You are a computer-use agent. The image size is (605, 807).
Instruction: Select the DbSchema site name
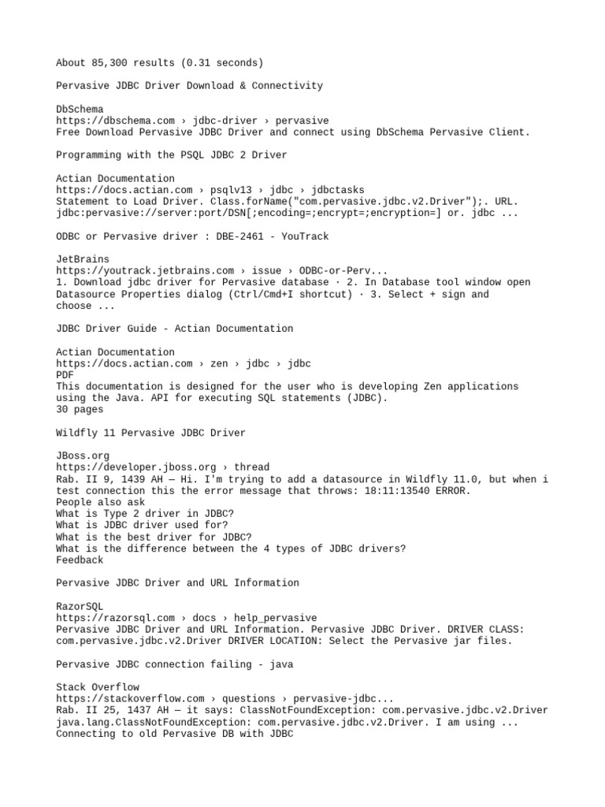(80, 109)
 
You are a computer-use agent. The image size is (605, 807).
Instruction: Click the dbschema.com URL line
(192, 121)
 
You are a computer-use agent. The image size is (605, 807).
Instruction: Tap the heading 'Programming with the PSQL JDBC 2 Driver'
(172, 155)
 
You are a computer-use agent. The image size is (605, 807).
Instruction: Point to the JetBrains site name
(83, 259)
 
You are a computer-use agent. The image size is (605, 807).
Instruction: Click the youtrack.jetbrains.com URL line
(221, 270)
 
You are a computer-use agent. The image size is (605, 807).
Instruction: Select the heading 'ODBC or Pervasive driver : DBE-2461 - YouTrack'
(192, 236)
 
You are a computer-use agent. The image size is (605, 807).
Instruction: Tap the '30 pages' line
(79, 410)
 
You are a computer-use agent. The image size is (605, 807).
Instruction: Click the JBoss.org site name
(83, 456)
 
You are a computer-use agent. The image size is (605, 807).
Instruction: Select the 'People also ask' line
(100, 502)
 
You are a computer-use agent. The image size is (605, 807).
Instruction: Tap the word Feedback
(80, 560)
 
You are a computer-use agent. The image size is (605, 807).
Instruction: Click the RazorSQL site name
(80, 606)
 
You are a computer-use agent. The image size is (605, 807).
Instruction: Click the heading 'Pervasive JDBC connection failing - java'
(174, 664)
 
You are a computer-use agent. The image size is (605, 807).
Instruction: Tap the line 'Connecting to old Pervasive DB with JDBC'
(174, 734)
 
